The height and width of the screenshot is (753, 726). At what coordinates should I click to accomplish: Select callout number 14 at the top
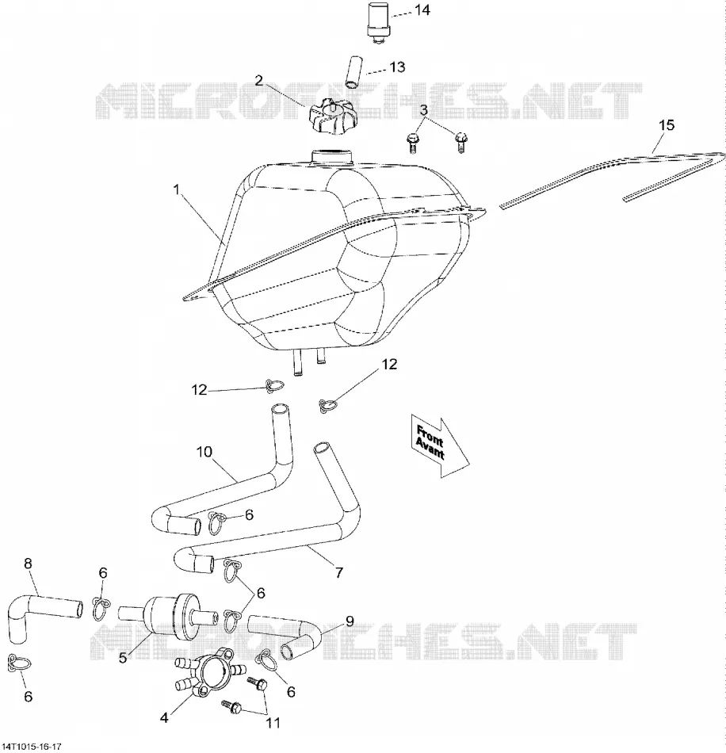[422, 10]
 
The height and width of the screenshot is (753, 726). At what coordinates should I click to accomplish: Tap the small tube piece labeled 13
[354, 71]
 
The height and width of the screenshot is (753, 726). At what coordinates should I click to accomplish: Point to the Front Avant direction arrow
[439, 445]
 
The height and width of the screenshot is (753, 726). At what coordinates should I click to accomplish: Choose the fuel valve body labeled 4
[212, 672]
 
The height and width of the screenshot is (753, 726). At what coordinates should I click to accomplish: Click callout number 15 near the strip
[667, 125]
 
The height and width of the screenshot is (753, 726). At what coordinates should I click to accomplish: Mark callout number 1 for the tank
[176, 190]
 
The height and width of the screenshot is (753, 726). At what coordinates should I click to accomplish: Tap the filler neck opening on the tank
[331, 158]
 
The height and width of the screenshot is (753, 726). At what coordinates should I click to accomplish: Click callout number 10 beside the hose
[204, 452]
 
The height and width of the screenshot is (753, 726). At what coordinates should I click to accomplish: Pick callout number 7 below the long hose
[339, 572]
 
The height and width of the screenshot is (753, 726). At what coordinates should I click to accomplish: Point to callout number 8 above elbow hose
[28, 564]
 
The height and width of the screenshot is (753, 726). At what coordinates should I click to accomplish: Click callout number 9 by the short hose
[350, 621]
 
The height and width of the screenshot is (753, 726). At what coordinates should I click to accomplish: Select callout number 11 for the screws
[273, 722]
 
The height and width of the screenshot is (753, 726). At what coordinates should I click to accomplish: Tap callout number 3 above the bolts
[423, 110]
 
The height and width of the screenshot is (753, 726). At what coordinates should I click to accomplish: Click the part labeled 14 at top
[379, 24]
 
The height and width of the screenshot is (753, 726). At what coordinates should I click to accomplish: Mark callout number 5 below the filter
[123, 657]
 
